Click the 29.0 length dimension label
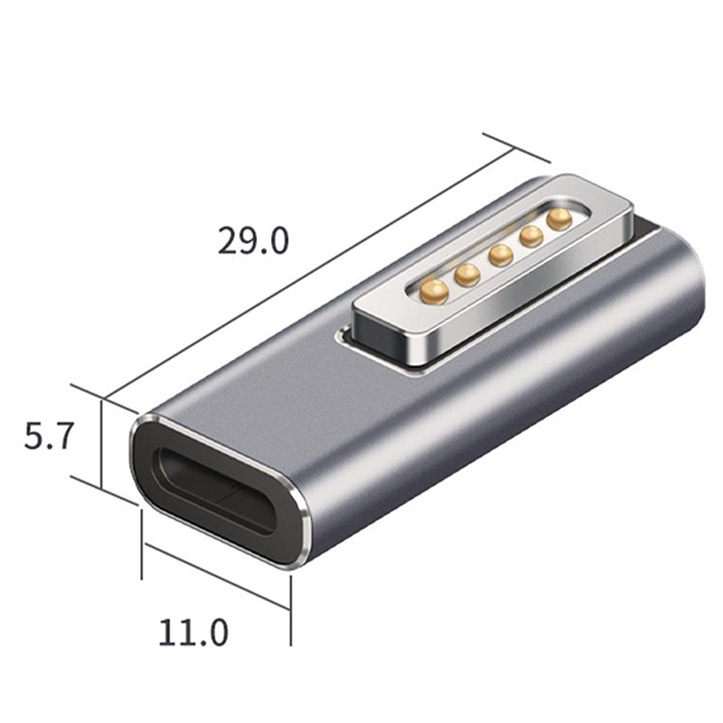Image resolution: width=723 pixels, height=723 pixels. (253, 240)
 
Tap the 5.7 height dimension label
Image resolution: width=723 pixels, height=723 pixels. (48, 437)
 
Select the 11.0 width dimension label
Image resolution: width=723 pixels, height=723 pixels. (193, 633)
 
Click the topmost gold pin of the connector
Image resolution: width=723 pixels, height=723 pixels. (559, 220)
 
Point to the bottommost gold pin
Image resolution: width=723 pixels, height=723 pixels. (435, 292)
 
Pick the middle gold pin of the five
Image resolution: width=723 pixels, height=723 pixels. (502, 256)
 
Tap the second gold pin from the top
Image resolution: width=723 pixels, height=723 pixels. (531, 237)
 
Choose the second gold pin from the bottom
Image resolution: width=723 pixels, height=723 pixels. (467, 276)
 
